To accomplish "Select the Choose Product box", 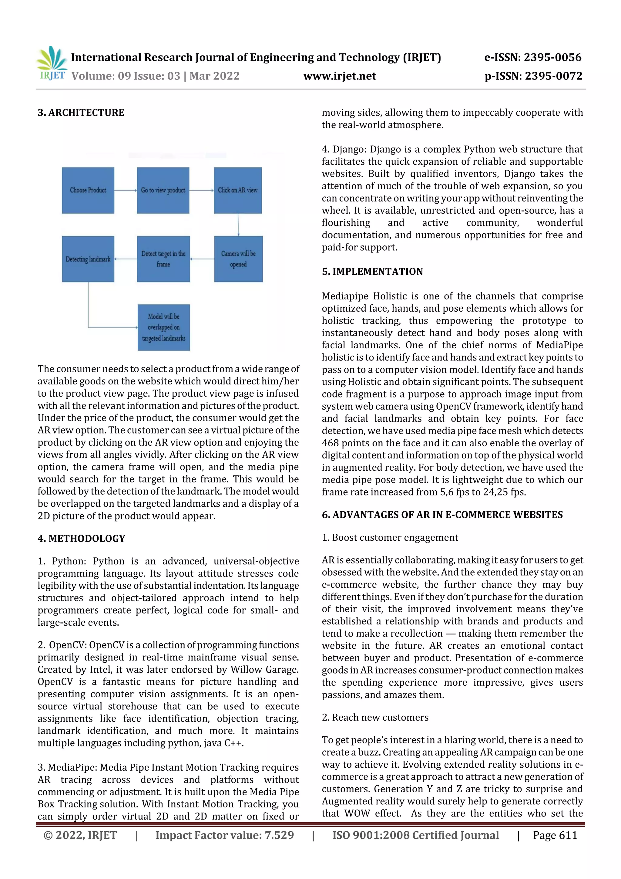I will coord(88,190).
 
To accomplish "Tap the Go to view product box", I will coord(163,190).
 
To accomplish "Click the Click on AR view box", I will coord(238,190).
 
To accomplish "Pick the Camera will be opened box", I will coord(238,259).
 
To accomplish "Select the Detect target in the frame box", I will coord(163,259).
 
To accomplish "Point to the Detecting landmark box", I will coord(88,259).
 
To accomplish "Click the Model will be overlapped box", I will coord(164,327).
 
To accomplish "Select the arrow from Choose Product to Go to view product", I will coord(126,190).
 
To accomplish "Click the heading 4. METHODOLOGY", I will coord(82,538).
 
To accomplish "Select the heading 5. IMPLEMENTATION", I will coord(372,272).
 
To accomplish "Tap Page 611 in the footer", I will coord(555,835).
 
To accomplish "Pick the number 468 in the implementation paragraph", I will coord(330,443).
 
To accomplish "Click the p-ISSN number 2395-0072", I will coord(553,76).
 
